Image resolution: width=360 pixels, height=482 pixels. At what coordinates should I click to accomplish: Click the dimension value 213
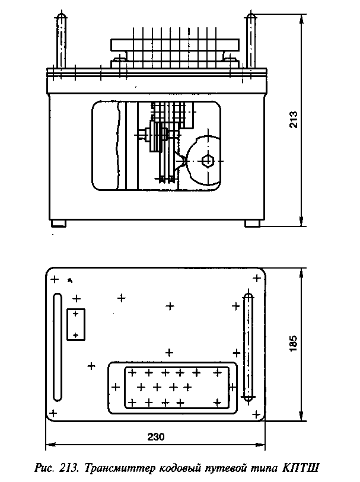coord(294,119)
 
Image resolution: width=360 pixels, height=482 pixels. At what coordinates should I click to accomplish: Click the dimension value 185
coord(293,343)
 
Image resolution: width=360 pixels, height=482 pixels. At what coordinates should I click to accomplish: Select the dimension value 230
coord(156,436)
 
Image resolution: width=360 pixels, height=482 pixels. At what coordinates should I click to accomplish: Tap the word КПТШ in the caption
coord(300,468)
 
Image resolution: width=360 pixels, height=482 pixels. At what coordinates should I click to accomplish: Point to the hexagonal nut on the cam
coord(208,161)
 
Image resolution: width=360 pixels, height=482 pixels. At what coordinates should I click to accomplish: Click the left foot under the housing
coord(58,224)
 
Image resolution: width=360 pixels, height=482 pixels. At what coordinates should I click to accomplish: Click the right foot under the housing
coord(253,224)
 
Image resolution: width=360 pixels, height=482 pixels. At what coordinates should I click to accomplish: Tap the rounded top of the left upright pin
coord(61,15)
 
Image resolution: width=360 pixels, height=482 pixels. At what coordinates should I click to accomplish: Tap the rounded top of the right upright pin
coord(251,15)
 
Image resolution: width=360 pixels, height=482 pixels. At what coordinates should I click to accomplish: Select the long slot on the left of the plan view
coord(57,347)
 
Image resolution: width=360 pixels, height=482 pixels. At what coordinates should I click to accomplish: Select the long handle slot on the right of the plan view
coord(248,347)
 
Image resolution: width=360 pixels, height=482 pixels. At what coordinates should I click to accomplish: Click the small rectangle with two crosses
coord(76,324)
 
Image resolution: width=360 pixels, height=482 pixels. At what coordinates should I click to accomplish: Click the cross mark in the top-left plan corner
coord(55,279)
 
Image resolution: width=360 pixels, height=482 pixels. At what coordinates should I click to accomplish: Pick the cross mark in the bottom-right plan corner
coord(256,414)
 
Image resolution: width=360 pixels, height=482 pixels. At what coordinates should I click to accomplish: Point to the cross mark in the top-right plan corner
coord(257,279)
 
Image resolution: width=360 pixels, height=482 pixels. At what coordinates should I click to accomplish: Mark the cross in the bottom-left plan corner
coord(53,413)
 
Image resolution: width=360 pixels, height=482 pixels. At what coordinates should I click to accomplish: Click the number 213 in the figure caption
coord(69,468)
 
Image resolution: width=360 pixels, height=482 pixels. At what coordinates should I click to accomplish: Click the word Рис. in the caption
coord(45,469)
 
